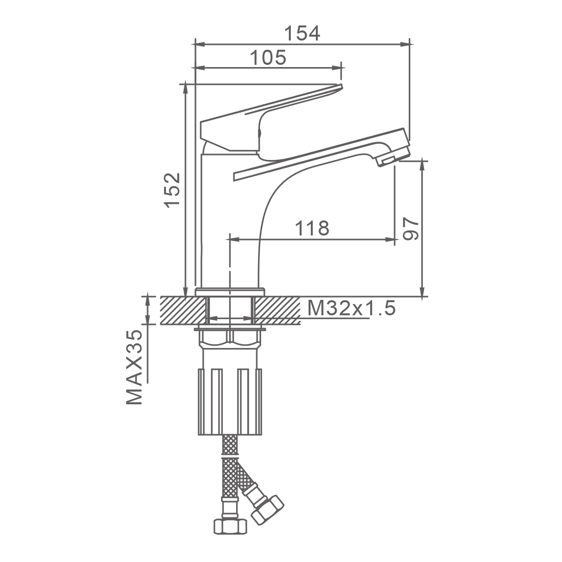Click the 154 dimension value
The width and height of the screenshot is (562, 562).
pos(302,33)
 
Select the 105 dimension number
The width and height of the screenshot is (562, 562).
pos(268,58)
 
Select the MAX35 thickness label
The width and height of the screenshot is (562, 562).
pos(135,367)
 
